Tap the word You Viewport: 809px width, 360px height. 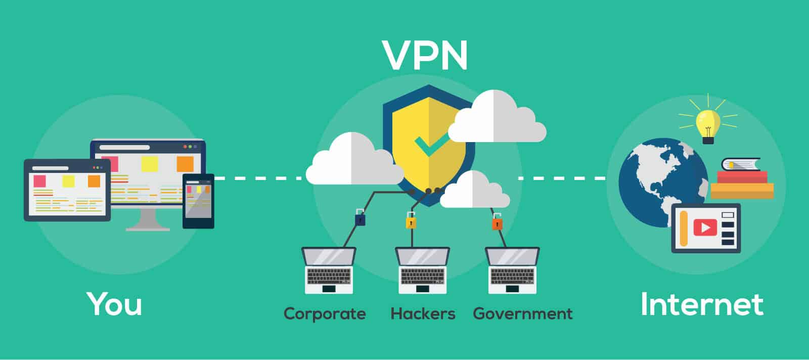click(114, 304)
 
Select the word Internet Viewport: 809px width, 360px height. click(702, 304)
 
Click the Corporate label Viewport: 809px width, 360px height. click(325, 314)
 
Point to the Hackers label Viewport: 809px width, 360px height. click(423, 314)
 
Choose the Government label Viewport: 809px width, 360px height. click(523, 314)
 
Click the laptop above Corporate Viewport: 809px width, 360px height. click(329, 271)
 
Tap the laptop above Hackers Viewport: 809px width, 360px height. click(422, 271)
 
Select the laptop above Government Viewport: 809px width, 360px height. click(512, 271)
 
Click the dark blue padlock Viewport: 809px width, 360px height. click(360, 218)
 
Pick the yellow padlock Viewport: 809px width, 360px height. click(411, 221)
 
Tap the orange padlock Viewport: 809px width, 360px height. click(497, 222)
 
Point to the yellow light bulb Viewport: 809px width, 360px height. click(708, 122)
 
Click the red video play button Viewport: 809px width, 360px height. click(705, 228)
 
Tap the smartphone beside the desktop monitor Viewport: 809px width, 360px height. click(198, 201)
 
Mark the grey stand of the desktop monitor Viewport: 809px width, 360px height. click(148, 220)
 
